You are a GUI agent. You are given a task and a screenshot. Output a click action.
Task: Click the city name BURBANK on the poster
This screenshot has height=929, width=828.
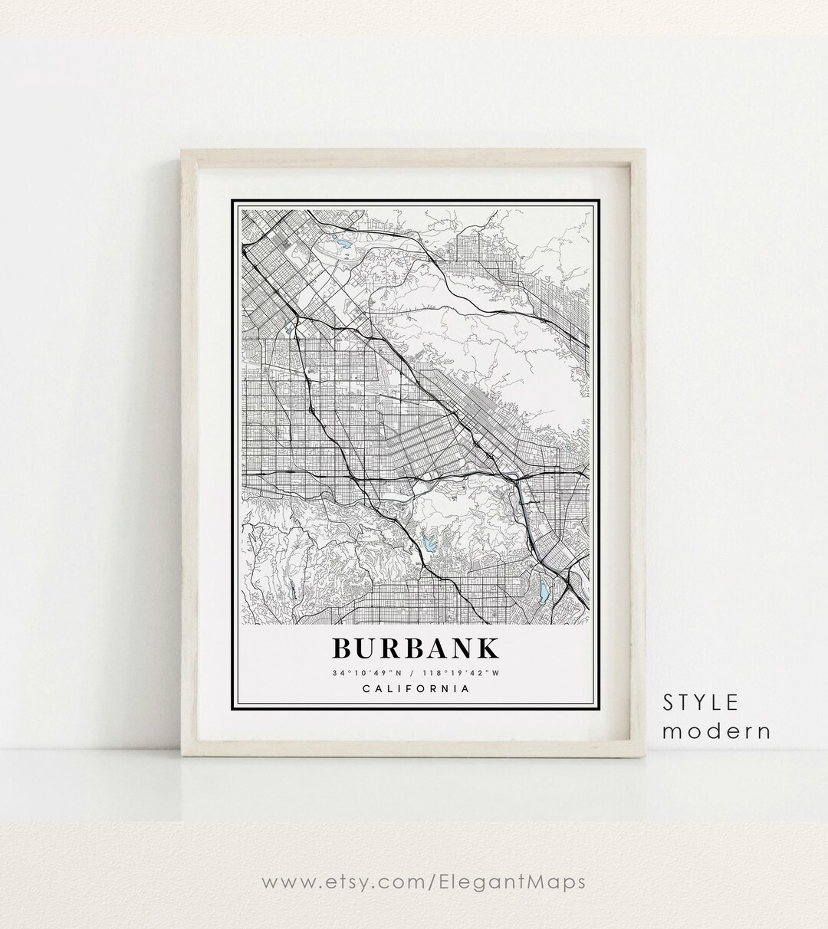coord(415,648)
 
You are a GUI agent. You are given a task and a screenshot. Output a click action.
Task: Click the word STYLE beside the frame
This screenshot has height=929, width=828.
coord(701,702)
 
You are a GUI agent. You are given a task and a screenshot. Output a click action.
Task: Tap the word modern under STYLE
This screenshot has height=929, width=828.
coord(716,730)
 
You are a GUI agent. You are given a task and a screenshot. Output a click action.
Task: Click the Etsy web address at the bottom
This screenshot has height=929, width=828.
coord(424,882)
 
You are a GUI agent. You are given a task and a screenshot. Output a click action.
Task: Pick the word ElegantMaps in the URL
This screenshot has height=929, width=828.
coord(523,882)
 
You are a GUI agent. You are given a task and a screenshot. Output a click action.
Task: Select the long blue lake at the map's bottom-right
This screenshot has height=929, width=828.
coord(544,590)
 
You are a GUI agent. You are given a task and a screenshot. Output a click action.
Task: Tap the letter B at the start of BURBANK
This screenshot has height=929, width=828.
coord(343,648)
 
